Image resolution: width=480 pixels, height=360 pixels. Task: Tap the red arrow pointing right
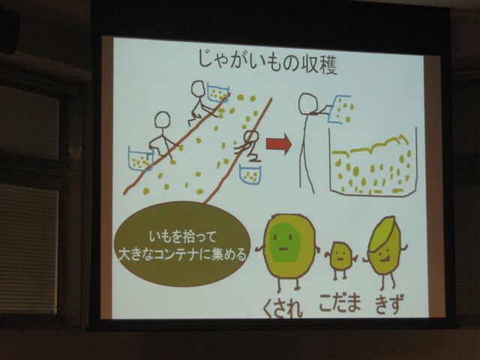click(x=278, y=144)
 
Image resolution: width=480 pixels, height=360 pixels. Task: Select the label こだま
click(x=340, y=303)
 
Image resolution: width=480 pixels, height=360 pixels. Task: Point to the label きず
click(x=388, y=303)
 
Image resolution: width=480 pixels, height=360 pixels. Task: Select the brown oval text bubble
click(x=183, y=244)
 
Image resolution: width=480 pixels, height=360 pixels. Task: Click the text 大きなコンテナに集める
click(x=183, y=255)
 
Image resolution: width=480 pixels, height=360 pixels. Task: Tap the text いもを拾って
click(x=183, y=237)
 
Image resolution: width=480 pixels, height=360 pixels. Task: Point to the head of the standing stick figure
click(x=309, y=103)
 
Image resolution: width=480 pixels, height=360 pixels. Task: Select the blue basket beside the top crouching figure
click(x=218, y=92)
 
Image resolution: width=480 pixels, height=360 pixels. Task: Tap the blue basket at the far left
click(x=140, y=158)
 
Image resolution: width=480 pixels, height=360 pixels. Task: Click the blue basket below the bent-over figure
click(x=250, y=175)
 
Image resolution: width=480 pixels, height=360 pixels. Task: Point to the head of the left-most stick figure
click(x=162, y=120)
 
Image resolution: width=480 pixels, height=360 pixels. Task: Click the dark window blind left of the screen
click(x=28, y=248)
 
